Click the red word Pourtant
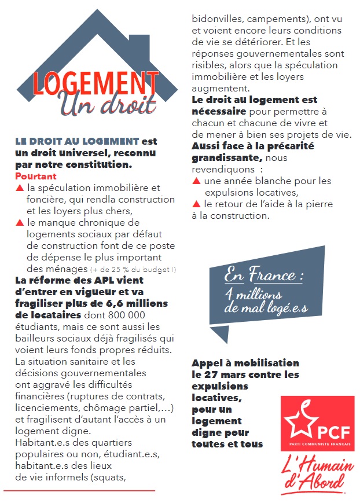coord(35,176)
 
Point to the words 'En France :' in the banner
coord(263,274)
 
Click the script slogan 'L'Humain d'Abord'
coord(315,472)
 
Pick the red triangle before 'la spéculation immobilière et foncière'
coord(20,188)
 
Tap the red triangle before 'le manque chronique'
coord(20,222)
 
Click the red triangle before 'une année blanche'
coord(197,181)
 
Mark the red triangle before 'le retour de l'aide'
coord(197,204)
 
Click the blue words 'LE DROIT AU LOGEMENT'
coord(77,141)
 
